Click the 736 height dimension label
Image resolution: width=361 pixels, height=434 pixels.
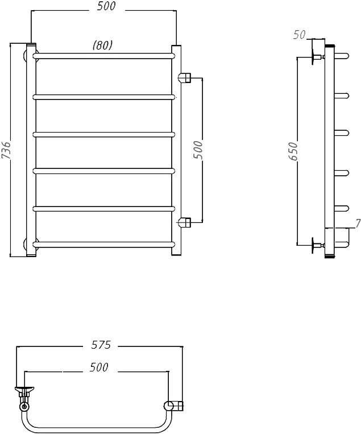pyautogui.click(x=6, y=150)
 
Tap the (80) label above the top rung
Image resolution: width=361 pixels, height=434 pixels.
pyautogui.click(x=103, y=45)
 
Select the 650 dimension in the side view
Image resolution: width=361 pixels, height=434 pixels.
pyautogui.click(x=292, y=151)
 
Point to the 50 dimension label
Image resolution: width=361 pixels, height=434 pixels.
pyautogui.click(x=299, y=35)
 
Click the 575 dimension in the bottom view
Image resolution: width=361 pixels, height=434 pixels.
pyautogui.click(x=101, y=345)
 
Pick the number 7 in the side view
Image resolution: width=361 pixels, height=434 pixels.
pyautogui.click(x=358, y=223)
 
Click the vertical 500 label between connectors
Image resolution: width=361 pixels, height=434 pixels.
pyautogui.click(x=198, y=150)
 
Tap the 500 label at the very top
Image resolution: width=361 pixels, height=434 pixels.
pyautogui.click(x=106, y=6)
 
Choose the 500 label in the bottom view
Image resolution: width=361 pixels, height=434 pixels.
pyautogui.click(x=99, y=367)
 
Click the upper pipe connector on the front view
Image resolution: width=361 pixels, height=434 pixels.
pyautogui.click(x=185, y=77)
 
